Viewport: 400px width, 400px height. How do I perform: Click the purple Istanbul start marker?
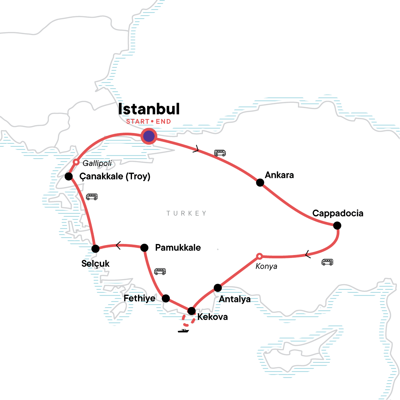pyautogui.click(x=149, y=136)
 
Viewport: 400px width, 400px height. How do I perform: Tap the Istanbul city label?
pyautogui.click(x=149, y=109)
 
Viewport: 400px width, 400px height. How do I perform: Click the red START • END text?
pyautogui.click(x=149, y=122)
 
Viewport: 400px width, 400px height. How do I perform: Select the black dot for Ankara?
pyautogui.click(x=260, y=182)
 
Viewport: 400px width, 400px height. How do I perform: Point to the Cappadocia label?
pyautogui.click(x=338, y=213)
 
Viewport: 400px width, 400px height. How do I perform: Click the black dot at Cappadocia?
pyautogui.click(x=337, y=226)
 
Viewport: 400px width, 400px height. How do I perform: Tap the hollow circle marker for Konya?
pyautogui.click(x=259, y=256)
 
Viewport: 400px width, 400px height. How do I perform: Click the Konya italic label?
pyautogui.click(x=266, y=266)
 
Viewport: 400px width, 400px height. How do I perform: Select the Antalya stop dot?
pyautogui.click(x=218, y=287)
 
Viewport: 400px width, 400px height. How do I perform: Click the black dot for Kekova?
pyautogui.click(x=191, y=311)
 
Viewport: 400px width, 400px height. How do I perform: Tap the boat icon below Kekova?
pyautogui.click(x=183, y=331)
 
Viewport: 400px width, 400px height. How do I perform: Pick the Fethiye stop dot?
pyautogui.click(x=166, y=298)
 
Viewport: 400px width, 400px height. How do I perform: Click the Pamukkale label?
pyautogui.click(x=178, y=248)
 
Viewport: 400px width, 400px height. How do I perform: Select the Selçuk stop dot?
pyautogui.click(x=95, y=248)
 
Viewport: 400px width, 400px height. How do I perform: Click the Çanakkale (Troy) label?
pyautogui.click(x=115, y=176)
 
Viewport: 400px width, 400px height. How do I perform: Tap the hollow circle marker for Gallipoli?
pyautogui.click(x=76, y=162)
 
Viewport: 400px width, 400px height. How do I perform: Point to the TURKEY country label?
pyautogui.click(x=187, y=213)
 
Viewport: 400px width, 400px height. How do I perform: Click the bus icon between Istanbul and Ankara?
pyautogui.click(x=220, y=153)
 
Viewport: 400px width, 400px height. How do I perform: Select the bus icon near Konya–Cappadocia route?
pyautogui.click(x=327, y=262)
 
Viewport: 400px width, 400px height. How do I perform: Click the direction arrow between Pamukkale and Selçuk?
pyautogui.click(x=118, y=246)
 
